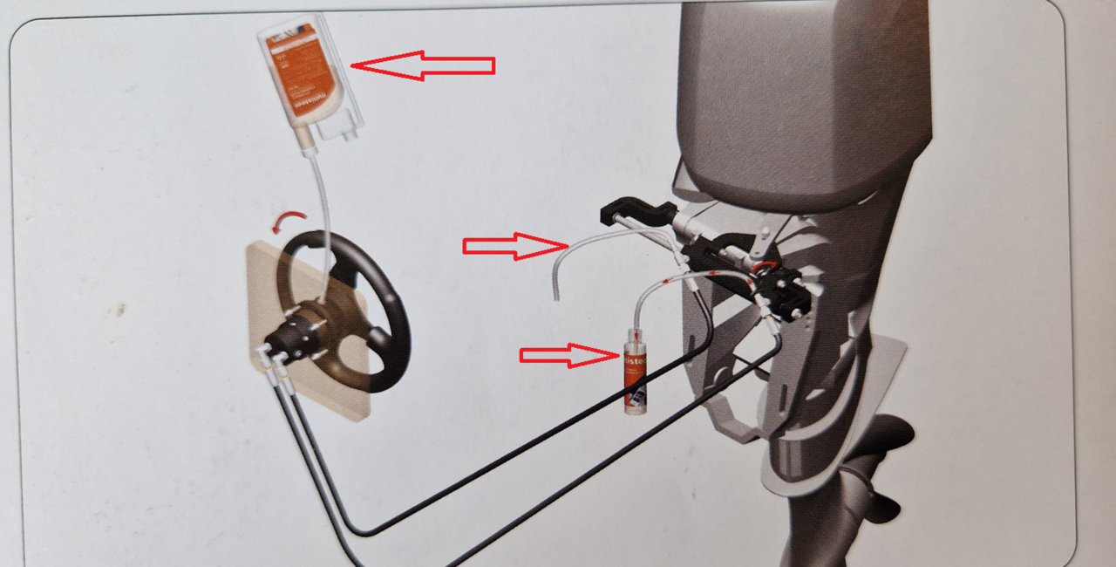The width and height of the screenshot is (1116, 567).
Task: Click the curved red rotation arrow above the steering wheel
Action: pyautogui.click(x=289, y=219)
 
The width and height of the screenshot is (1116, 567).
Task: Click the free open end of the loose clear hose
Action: pyautogui.click(x=555, y=297)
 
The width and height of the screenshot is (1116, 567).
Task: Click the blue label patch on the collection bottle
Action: pyautogui.click(x=639, y=397)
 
